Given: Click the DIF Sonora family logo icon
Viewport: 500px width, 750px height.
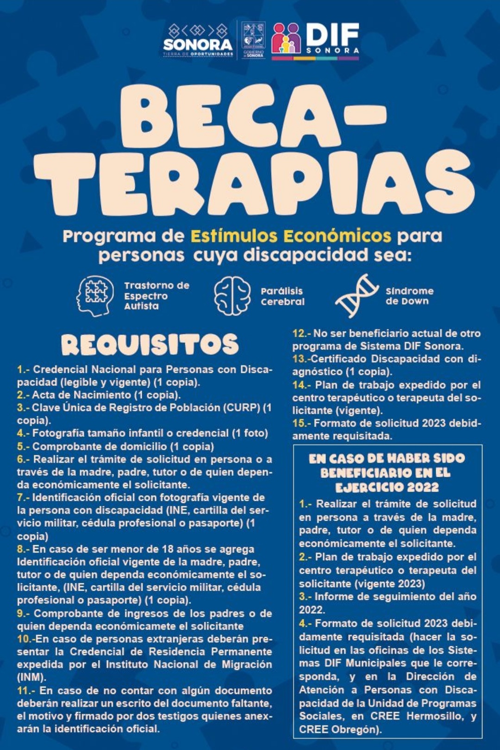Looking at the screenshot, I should point(287,38).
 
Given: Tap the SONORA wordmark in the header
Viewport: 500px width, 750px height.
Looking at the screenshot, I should point(198,44).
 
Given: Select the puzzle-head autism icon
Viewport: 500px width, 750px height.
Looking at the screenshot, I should point(95,296).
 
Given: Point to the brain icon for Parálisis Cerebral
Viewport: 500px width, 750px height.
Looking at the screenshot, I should point(232,296).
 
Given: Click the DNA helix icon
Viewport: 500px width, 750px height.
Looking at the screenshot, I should point(356,296).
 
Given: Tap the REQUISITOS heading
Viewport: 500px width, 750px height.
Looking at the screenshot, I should point(150,345).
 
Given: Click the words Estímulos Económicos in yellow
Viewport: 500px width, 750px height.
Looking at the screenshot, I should point(291,236).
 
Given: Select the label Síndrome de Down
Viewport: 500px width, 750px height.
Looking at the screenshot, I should point(409,296).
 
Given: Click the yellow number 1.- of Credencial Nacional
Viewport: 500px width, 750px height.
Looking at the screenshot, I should point(23,370).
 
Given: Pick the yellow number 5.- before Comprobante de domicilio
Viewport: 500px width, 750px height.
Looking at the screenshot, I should point(23,447).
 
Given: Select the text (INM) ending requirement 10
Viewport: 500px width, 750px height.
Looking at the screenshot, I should point(31,677).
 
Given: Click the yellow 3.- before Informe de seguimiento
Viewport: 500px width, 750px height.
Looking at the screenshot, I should point(305,597).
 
